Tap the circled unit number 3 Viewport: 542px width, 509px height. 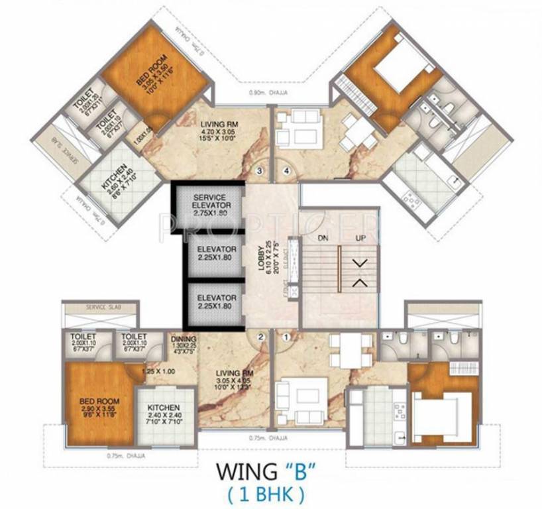260,171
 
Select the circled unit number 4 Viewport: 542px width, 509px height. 286,171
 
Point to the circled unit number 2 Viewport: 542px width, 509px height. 260,337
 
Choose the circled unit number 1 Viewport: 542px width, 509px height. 286,337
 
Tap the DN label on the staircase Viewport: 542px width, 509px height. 323,237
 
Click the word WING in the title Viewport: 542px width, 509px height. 242,473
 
